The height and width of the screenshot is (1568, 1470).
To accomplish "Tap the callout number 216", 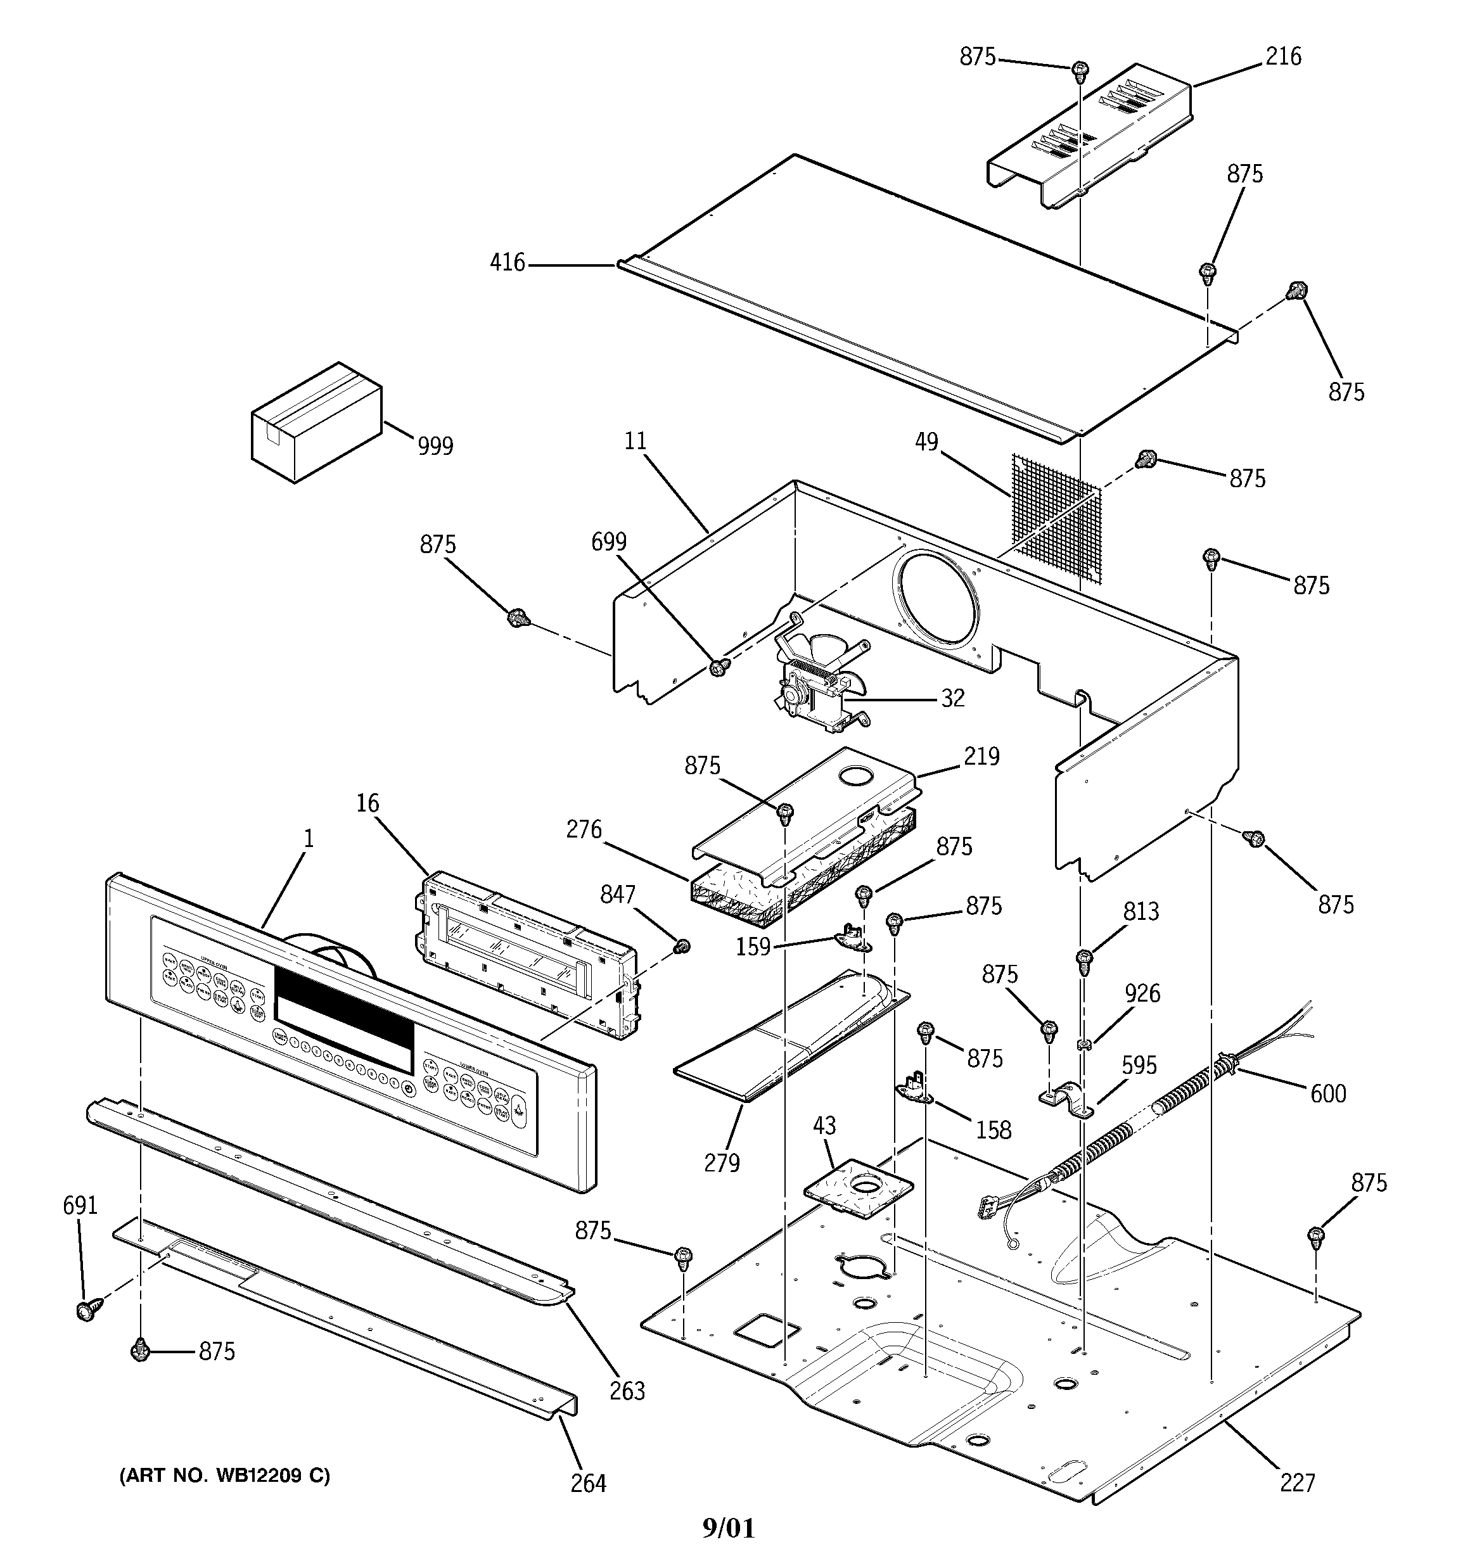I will [x=1283, y=57].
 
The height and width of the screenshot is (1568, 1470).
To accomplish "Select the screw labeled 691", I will [x=84, y=1311].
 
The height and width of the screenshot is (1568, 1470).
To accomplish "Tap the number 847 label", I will [x=617, y=895].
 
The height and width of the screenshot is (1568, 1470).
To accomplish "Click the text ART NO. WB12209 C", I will [x=225, y=1476].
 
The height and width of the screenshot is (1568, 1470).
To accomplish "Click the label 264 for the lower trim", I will [x=588, y=1484].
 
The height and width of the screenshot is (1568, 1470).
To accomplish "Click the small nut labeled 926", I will [x=1083, y=1045].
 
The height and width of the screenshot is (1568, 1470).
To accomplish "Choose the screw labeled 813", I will [x=1083, y=960].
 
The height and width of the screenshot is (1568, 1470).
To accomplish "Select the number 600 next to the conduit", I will [x=1328, y=1094].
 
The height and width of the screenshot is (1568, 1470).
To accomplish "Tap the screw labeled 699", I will [x=717, y=667].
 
